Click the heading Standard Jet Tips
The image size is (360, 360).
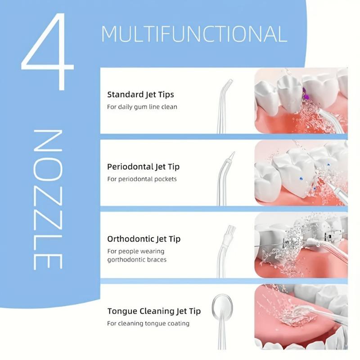click(140, 94)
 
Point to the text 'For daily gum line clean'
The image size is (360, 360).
click(142, 107)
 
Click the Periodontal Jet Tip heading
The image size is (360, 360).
click(143, 166)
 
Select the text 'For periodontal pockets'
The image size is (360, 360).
click(142, 179)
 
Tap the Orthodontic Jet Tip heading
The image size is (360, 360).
click(144, 238)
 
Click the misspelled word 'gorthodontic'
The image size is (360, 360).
click(126, 260)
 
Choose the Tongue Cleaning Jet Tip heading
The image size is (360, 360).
click(154, 311)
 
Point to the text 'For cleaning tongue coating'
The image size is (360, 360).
click(148, 323)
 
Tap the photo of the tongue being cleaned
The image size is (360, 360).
click(301, 317)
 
